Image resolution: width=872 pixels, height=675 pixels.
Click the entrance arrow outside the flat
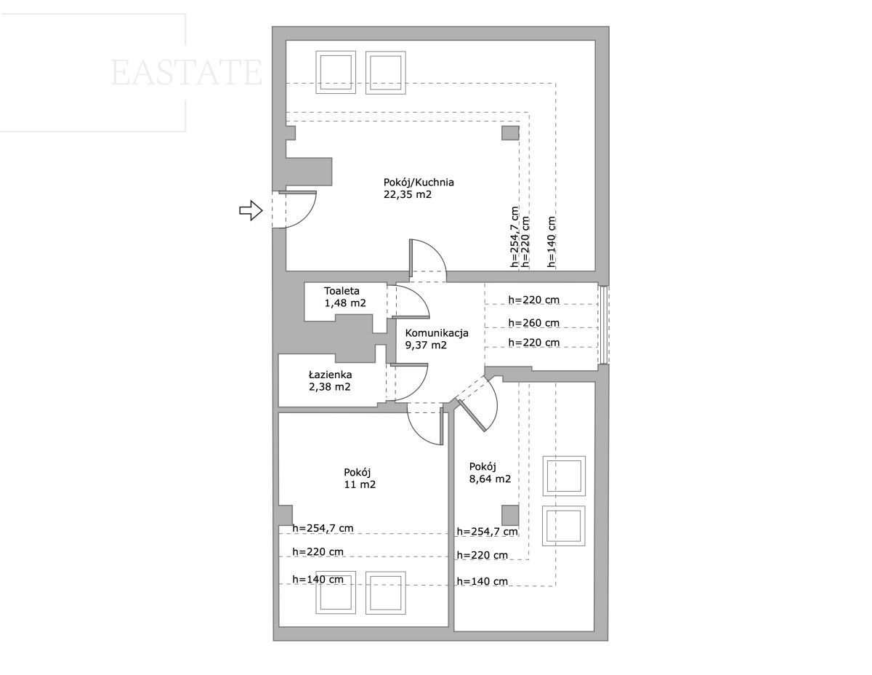click(x=251, y=210)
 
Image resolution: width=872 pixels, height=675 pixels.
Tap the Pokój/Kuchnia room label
click(x=419, y=183)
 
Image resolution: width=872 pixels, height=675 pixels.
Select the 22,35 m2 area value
click(x=408, y=195)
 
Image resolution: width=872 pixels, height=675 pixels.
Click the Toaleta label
click(x=342, y=291)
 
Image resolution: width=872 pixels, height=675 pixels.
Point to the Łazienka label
click(x=330, y=375)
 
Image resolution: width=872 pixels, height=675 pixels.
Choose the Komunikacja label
click(x=437, y=333)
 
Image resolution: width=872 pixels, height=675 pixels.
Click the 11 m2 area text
click(x=360, y=484)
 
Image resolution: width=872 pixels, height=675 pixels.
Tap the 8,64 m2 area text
click(x=490, y=479)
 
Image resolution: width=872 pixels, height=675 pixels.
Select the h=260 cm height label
click(x=533, y=323)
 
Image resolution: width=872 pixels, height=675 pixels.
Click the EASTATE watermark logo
click(x=187, y=72)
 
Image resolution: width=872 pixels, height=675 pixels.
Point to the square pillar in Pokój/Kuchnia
click(x=510, y=133)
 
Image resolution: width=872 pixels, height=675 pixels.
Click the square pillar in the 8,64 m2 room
click(x=510, y=515)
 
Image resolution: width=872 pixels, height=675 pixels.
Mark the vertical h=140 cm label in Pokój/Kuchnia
click(x=552, y=242)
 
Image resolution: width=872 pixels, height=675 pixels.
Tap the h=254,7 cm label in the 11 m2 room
click(x=323, y=528)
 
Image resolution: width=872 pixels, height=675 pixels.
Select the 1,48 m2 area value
click(x=345, y=303)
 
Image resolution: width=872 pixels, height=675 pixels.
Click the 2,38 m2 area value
click(x=329, y=387)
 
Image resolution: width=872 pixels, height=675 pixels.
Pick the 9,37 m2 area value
click(x=426, y=346)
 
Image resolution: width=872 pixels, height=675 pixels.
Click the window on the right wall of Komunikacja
click(x=604, y=324)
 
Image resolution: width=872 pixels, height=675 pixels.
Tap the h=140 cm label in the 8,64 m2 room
click(x=483, y=581)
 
